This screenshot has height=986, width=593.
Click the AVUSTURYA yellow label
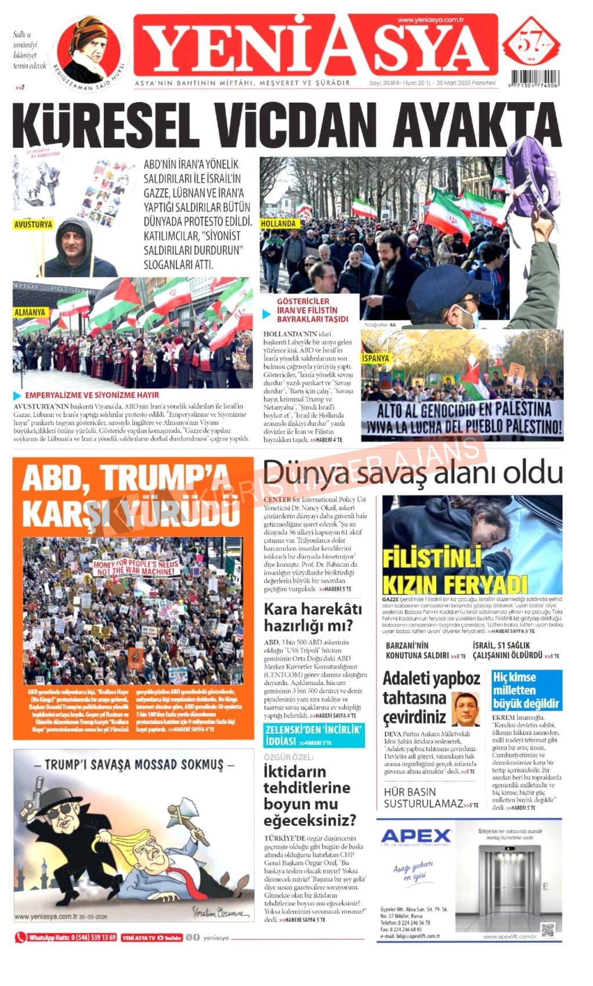[33, 224]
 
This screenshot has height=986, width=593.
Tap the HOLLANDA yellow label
[279, 223]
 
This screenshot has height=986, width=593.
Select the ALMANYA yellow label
[30, 312]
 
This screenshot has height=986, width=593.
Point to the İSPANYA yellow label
[375, 358]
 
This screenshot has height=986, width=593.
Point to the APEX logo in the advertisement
[416, 836]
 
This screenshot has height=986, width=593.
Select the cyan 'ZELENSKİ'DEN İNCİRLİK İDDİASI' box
[314, 735]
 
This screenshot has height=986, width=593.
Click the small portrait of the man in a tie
[465, 709]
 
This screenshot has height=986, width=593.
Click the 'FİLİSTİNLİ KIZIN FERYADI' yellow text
[454, 571]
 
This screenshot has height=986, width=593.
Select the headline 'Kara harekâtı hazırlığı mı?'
[312, 617]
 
